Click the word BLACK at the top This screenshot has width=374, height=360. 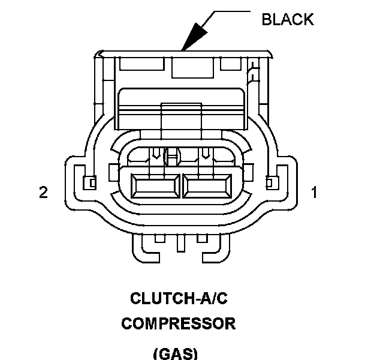coord(288,19)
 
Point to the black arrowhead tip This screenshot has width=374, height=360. coord(183,49)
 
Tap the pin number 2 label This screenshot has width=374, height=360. coord(43,193)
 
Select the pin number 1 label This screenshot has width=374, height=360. coord(313,193)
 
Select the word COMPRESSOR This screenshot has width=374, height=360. coord(178,324)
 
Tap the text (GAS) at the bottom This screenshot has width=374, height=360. coord(175,353)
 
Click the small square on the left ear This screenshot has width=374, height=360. coord(91,182)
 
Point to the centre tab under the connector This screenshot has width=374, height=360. coord(179,242)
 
